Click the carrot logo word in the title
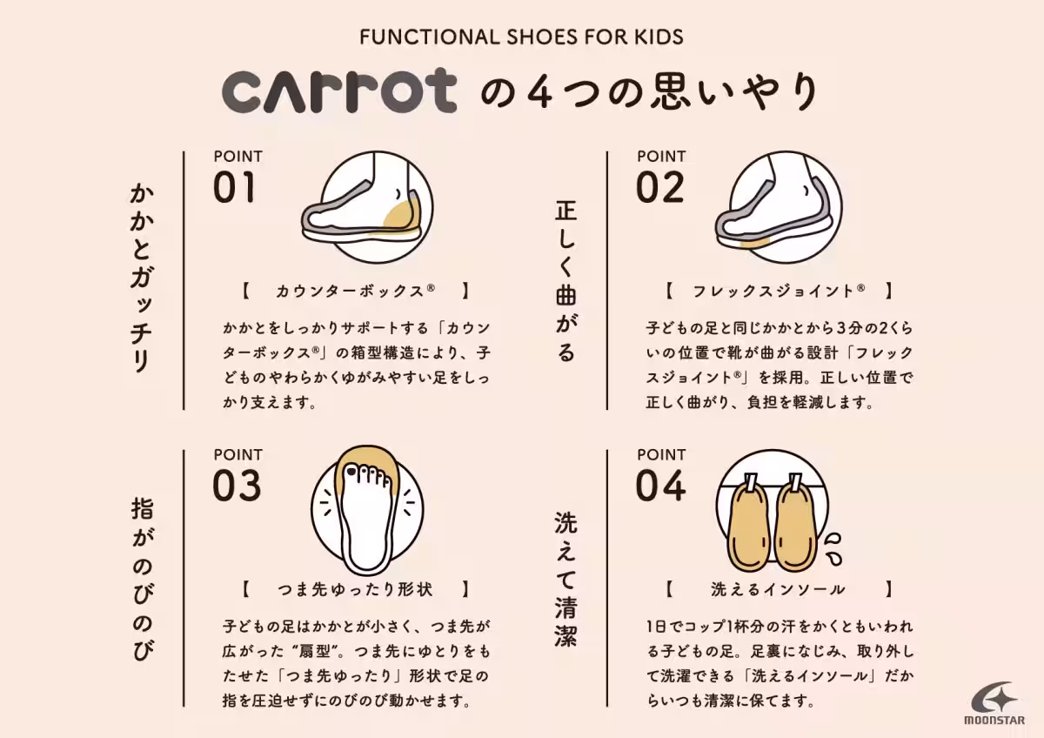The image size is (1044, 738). [339, 92]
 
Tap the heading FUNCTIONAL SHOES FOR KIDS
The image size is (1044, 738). [521, 37]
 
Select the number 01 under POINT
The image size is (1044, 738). [235, 188]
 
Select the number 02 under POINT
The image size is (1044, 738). [659, 188]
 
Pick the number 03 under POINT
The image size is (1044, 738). [237, 486]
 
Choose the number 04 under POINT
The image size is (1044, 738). [661, 486]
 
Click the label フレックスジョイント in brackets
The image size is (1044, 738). [778, 291]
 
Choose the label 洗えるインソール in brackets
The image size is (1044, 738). [778, 589]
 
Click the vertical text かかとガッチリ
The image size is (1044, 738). [140, 278]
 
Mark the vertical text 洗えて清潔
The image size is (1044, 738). [565, 579]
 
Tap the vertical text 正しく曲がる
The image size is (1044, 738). [565, 280]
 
